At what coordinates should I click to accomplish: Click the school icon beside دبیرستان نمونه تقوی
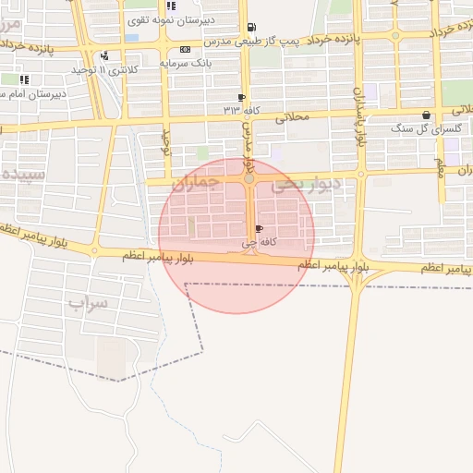coord(170,6)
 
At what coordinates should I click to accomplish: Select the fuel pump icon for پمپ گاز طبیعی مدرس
coord(252,27)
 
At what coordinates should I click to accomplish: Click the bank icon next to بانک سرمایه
coord(186,49)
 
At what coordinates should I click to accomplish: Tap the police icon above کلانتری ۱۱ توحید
coord(104,55)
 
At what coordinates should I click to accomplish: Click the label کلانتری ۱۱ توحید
coord(104,69)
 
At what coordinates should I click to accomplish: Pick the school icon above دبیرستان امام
coord(23,79)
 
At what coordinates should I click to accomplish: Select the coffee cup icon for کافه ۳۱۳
coord(241,97)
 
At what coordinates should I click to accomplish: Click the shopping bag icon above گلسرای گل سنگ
coord(426,115)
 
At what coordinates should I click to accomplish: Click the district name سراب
coord(89,302)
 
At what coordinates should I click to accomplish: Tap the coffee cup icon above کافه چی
coord(258,228)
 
